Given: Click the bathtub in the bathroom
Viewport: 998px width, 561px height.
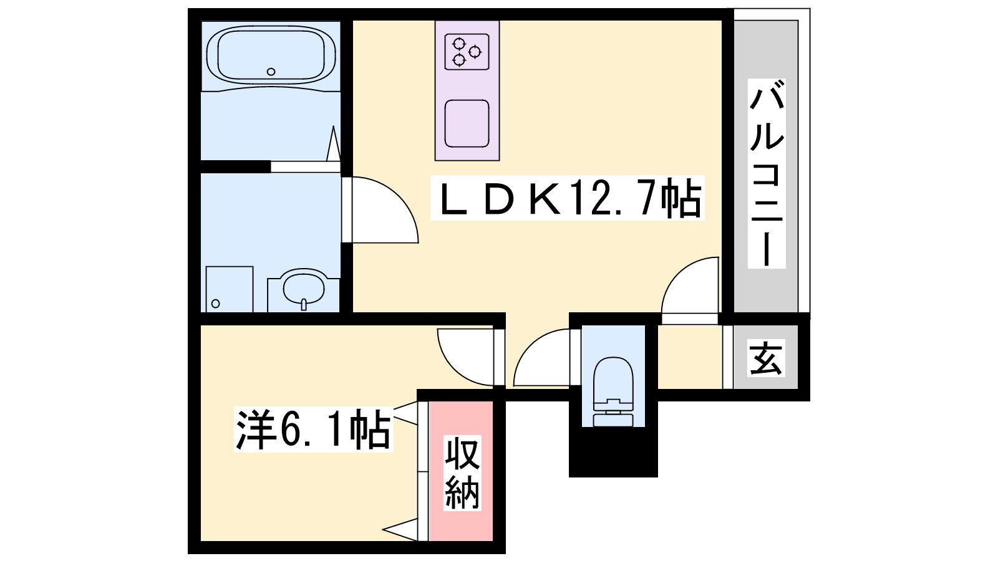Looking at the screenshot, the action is (x=271, y=55).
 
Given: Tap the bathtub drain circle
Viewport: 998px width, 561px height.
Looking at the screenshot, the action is (x=271, y=71).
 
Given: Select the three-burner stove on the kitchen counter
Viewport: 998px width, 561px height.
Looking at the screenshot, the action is (x=467, y=51).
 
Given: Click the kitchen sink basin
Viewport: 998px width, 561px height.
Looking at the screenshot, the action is (x=467, y=124).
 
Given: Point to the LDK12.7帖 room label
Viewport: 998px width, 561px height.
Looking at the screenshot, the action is (x=567, y=198).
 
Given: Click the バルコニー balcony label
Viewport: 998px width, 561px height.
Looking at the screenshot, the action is (x=767, y=174).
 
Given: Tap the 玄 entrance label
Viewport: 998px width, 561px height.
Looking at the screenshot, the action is (x=766, y=358).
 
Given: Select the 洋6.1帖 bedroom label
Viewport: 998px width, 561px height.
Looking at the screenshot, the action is (x=314, y=430).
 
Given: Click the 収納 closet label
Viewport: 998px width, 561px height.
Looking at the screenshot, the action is (x=462, y=473).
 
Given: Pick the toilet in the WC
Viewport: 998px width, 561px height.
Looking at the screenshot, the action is (x=613, y=392).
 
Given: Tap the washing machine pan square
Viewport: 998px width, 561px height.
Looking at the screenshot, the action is (x=230, y=289).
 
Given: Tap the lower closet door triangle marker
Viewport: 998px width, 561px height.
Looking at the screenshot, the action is (x=402, y=529).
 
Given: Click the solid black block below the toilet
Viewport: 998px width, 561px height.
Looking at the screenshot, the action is (x=614, y=452).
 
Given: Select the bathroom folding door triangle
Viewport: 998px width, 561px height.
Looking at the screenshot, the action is (x=333, y=144).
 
